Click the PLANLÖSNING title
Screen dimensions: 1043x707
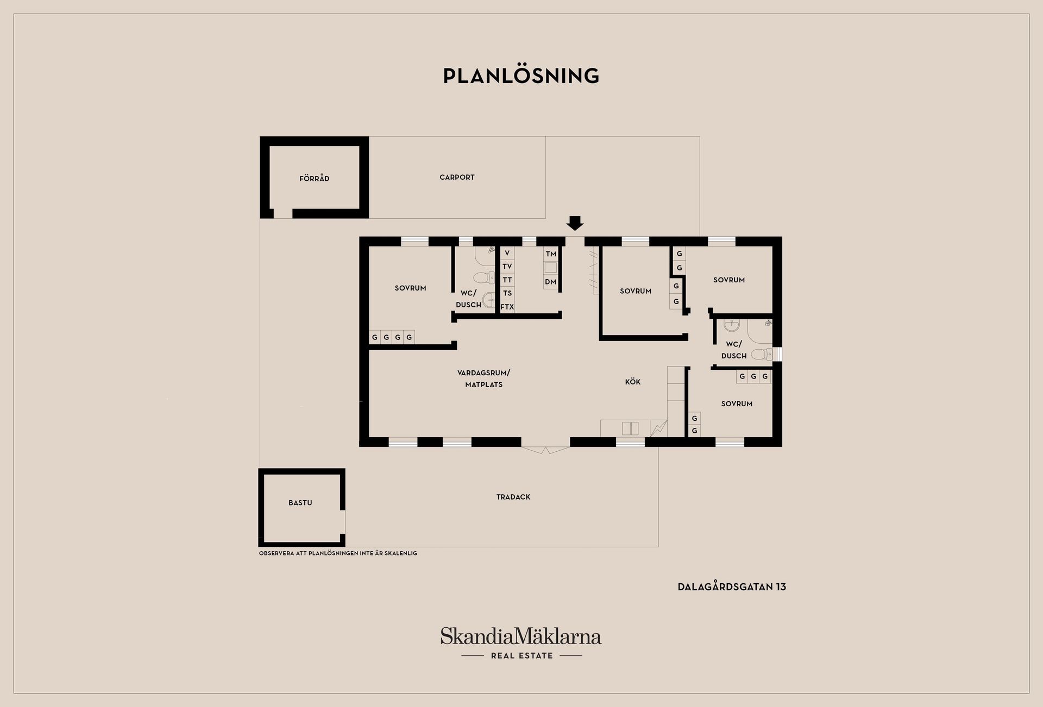[x=521, y=75]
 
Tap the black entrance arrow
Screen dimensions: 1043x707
[x=575, y=223]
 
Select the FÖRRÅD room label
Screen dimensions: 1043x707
[x=315, y=178]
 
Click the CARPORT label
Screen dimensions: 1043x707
[x=457, y=177]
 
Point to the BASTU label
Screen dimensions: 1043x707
[x=300, y=503]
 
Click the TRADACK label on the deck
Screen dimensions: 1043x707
[x=513, y=497]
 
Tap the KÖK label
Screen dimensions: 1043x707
[x=633, y=382]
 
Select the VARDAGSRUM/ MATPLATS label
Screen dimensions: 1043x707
[x=484, y=378]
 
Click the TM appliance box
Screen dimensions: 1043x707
[x=551, y=254]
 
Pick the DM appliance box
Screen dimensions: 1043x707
[x=551, y=282]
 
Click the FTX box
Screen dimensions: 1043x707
[x=507, y=307]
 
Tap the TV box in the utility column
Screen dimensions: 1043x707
[x=507, y=266]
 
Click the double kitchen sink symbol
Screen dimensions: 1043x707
[x=630, y=428]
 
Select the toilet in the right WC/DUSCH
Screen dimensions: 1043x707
[x=761, y=355]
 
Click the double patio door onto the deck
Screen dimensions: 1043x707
[x=546, y=450]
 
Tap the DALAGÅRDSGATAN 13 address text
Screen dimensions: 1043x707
[x=732, y=587]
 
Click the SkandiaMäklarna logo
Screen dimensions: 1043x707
[x=521, y=636]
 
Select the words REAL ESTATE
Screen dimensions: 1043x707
[x=521, y=656]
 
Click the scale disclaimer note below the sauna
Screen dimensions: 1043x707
[x=338, y=553]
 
